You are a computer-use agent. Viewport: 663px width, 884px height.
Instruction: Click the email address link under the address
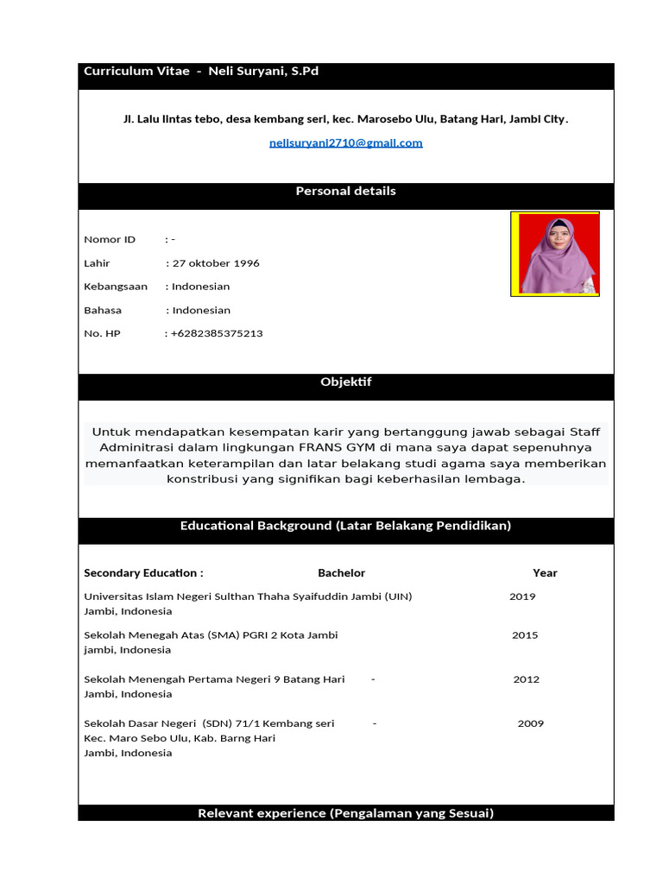(x=345, y=143)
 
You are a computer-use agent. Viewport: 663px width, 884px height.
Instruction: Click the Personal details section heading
(x=345, y=191)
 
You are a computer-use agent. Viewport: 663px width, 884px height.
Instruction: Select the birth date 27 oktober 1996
(x=216, y=263)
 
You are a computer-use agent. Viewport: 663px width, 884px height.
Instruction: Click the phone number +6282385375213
(x=217, y=333)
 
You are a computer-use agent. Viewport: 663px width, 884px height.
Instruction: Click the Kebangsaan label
(x=116, y=287)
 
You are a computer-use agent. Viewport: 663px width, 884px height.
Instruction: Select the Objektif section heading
(x=345, y=382)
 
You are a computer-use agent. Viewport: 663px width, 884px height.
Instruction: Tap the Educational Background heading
(x=345, y=526)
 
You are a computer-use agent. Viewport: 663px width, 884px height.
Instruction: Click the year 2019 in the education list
(x=522, y=597)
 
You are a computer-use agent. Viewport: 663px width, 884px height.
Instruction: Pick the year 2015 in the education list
(x=525, y=635)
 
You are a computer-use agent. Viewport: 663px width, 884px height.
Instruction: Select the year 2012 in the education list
(x=527, y=679)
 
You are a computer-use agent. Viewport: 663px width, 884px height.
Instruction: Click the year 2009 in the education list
(x=531, y=723)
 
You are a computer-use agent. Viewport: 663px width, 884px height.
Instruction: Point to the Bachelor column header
(x=341, y=573)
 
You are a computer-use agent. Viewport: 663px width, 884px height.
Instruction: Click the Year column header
(x=545, y=573)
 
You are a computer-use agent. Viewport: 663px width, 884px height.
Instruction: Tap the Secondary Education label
(x=143, y=573)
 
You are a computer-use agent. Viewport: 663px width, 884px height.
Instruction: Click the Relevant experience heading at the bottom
(x=345, y=813)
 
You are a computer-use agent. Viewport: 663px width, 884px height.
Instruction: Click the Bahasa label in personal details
(x=103, y=310)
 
